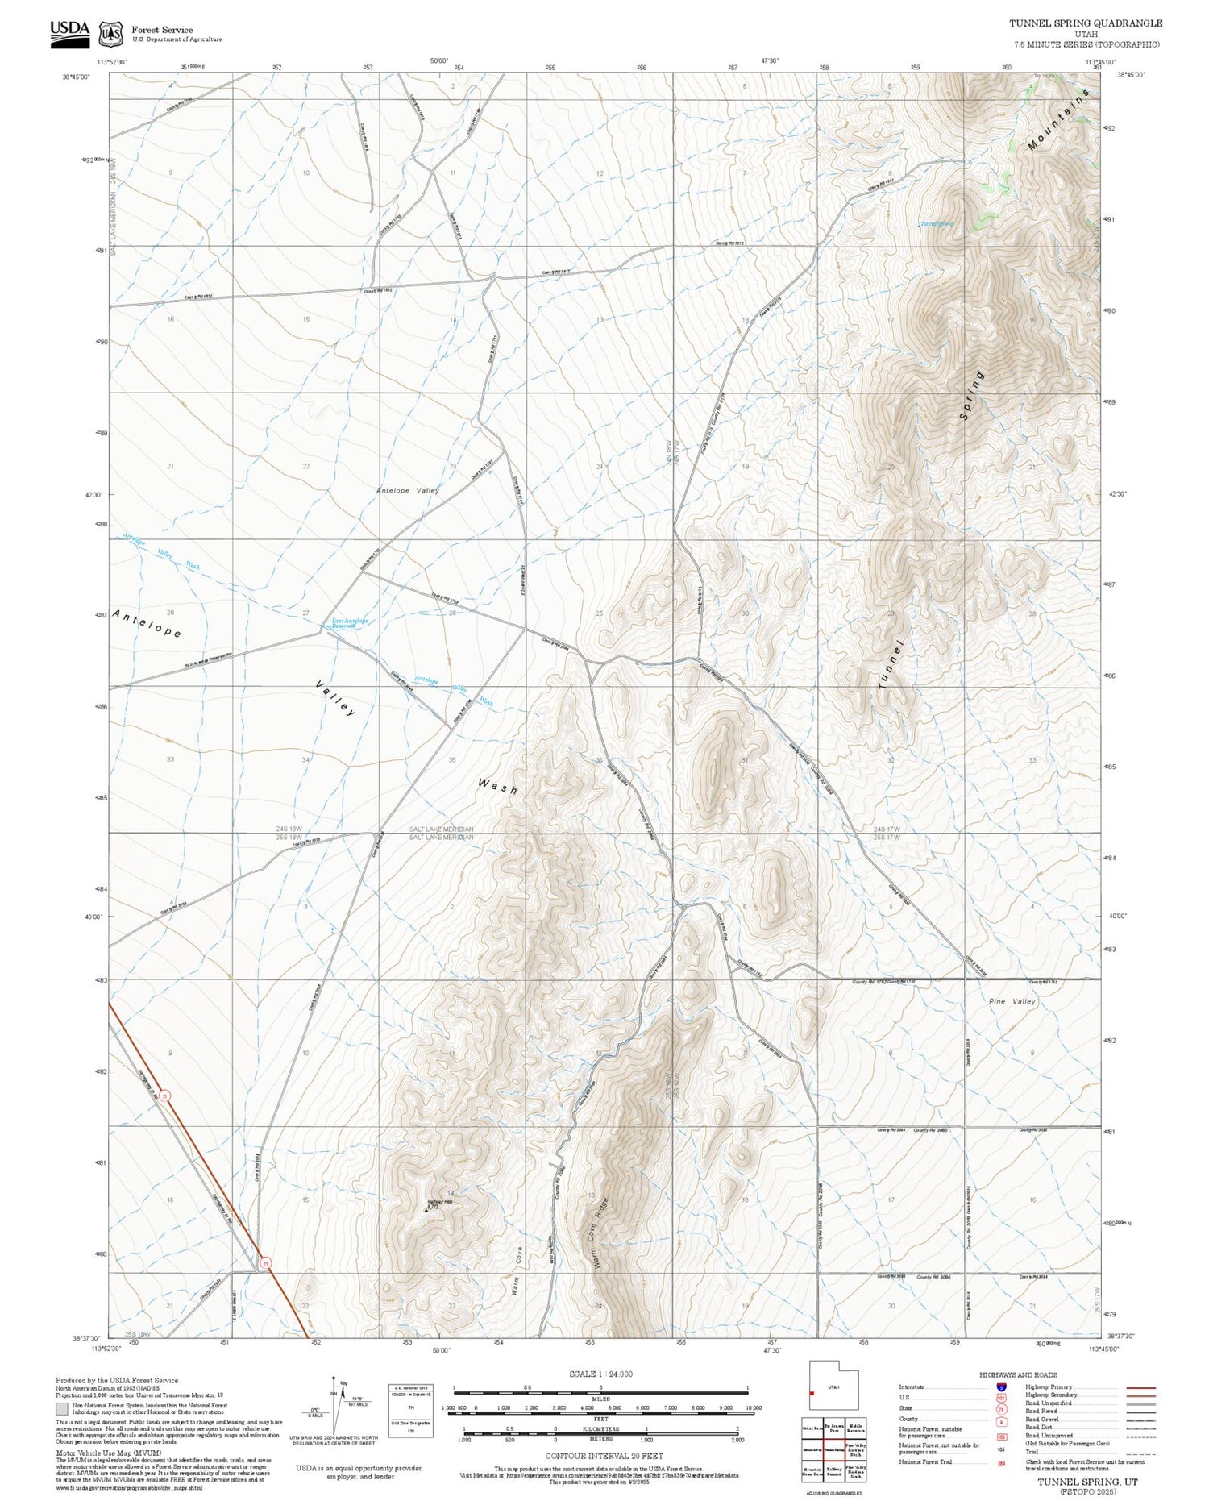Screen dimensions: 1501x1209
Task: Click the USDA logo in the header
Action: tap(70, 33)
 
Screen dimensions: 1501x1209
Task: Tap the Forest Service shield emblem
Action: tap(110, 34)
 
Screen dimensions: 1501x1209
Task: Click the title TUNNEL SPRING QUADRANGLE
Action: tap(1085, 23)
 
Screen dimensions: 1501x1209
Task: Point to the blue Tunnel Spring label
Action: tap(937, 224)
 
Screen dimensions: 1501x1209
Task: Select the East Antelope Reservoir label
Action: tap(350, 623)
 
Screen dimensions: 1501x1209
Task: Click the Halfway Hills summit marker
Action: tap(427, 1209)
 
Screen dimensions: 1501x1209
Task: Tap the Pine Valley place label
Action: tap(1012, 1001)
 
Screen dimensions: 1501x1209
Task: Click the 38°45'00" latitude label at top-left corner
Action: tap(77, 77)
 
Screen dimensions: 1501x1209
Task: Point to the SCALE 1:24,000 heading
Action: tap(600, 1374)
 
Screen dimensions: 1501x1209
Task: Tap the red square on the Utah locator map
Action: tap(812, 1393)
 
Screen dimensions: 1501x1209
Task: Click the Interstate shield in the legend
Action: tap(1000, 1387)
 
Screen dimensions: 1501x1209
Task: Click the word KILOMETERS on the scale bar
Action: tap(600, 1428)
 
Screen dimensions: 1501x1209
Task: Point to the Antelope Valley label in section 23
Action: tap(407, 490)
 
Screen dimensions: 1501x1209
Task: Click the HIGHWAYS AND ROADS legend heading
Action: tap(1018, 1374)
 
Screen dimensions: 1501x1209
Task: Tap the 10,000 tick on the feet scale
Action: tap(753, 1407)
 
